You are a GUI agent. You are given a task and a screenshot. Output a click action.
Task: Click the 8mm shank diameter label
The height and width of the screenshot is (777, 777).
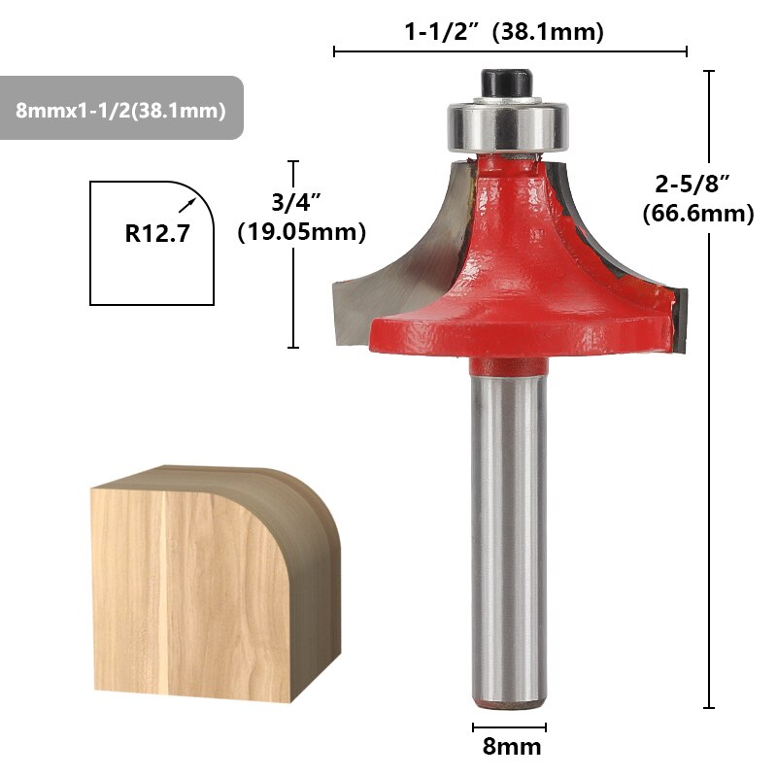click(511, 748)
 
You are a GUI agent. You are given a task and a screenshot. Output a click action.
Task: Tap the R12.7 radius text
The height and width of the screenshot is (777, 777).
click(154, 233)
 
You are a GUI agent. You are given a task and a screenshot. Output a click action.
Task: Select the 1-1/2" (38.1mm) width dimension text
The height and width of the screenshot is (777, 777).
click(504, 32)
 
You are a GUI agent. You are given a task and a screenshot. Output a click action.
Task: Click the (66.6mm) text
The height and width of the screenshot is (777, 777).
click(698, 214)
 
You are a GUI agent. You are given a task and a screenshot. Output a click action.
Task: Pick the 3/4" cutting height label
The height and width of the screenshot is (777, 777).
click(295, 201)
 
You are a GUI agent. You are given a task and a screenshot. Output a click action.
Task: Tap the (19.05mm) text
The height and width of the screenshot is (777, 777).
click(302, 232)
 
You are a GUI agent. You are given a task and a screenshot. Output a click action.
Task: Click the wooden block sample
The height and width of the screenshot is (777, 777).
click(209, 583)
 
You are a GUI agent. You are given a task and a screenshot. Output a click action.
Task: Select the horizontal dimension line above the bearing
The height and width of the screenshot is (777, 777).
click(510, 51)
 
